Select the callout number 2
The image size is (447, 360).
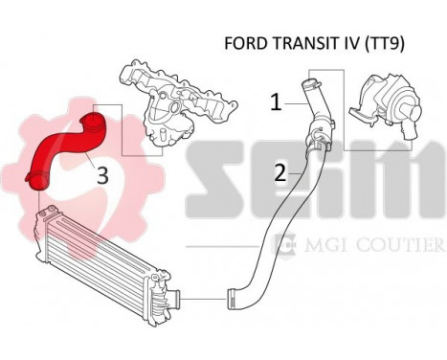(279, 173)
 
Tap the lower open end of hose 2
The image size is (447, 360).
(232, 298)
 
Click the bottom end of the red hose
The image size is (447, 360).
(39, 183)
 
